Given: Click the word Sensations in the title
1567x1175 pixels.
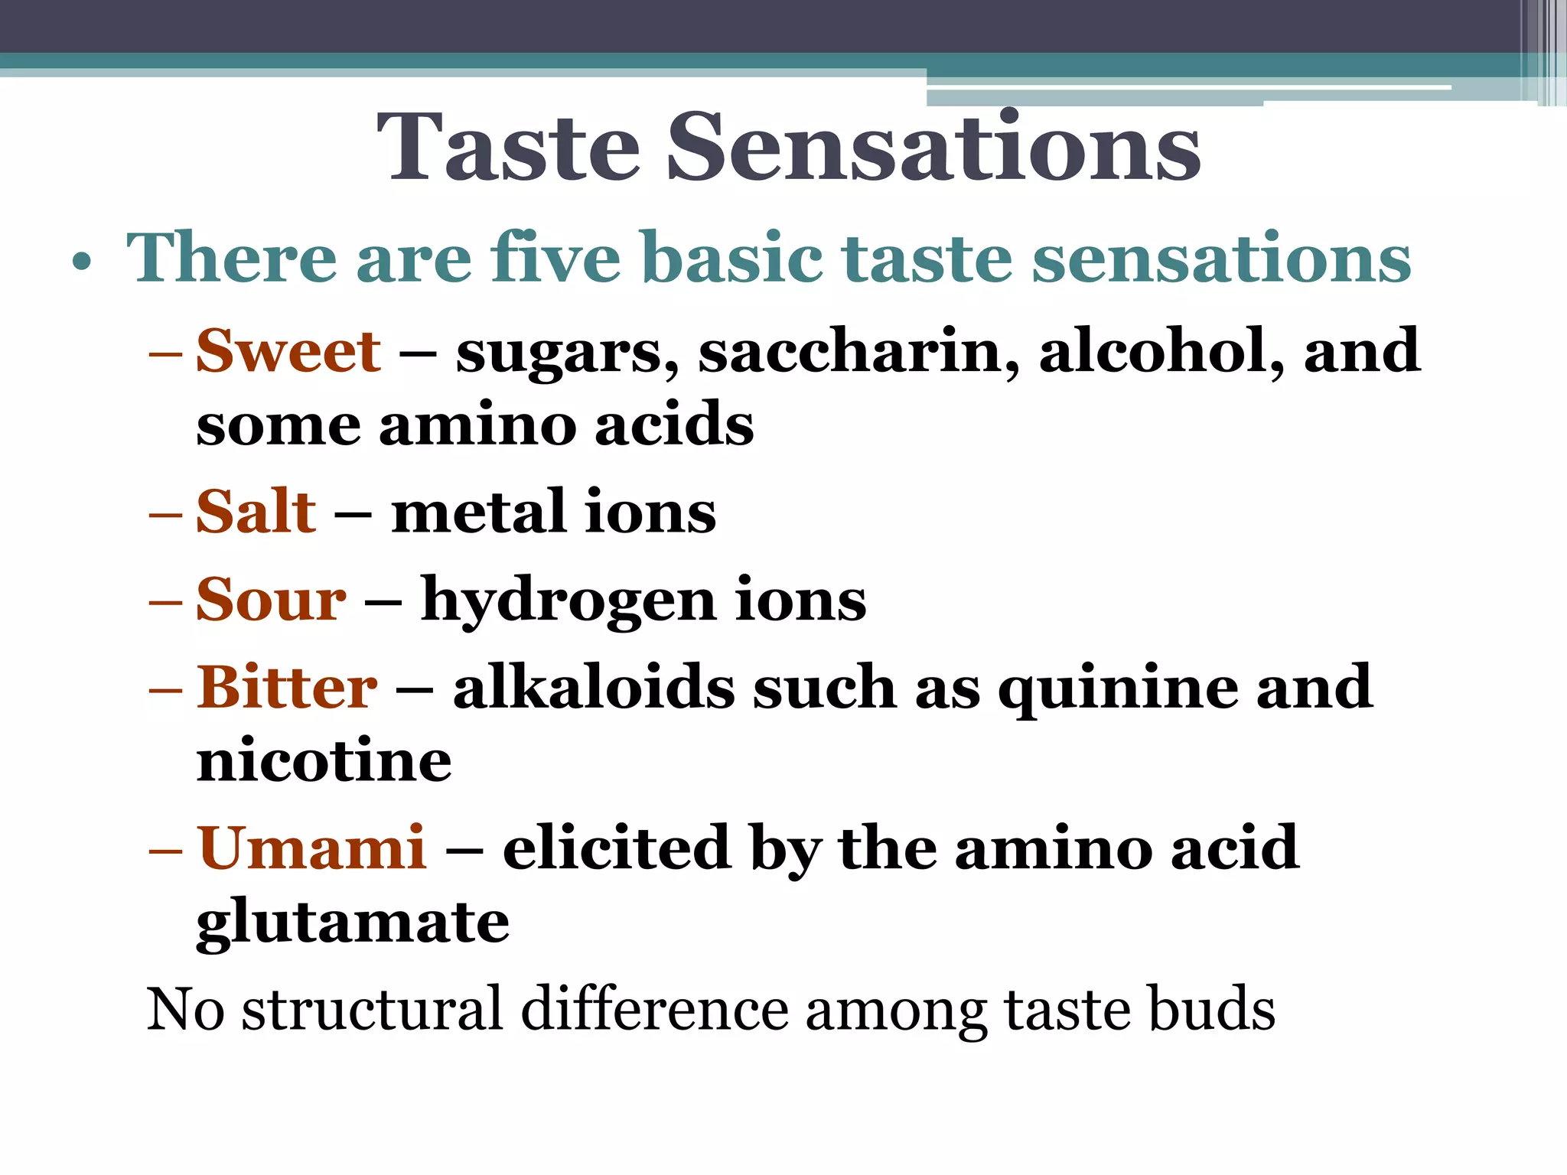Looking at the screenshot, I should (x=933, y=147).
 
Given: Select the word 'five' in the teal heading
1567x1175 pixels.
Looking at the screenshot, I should (x=555, y=258).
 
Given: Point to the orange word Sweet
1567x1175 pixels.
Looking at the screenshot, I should (x=288, y=351).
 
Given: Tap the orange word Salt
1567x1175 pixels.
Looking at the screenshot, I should (x=256, y=511).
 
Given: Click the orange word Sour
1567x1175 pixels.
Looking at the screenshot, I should (x=271, y=599).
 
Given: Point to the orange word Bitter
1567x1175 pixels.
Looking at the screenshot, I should (x=287, y=687).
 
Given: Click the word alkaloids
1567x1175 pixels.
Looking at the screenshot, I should (x=594, y=687).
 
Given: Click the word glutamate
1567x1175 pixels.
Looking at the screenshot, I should (x=353, y=924).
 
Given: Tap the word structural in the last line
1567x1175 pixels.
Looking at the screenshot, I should (x=373, y=1009).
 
